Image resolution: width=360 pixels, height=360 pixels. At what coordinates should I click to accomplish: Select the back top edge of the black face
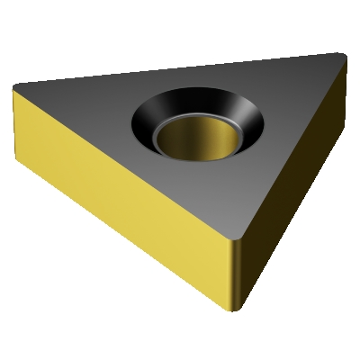pyautogui.click(x=180, y=69)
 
